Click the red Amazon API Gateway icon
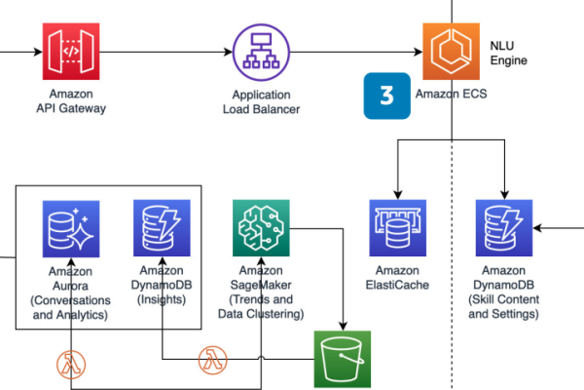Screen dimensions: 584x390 [x=71, y=52]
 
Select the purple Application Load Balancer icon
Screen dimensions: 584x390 [x=261, y=53]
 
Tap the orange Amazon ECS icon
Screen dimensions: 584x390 [x=451, y=52]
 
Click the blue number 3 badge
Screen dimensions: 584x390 [x=387, y=96]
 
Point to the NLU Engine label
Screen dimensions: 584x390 [x=508, y=53]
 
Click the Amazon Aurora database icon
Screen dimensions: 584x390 [x=71, y=229]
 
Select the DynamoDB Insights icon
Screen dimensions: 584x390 [x=162, y=228]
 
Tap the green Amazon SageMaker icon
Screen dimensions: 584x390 [x=261, y=228]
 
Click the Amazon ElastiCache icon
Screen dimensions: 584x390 [x=398, y=228]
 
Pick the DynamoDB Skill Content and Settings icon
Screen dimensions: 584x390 [x=504, y=228]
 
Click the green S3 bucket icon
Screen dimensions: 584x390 [x=343, y=359]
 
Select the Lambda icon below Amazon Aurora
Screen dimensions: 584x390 [x=71, y=365]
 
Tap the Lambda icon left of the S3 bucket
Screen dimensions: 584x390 [x=212, y=360]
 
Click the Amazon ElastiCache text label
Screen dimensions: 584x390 [x=397, y=278]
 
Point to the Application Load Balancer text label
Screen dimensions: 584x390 [x=261, y=101]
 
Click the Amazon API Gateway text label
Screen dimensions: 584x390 [x=71, y=100]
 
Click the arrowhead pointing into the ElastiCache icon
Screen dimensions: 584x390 [x=398, y=195]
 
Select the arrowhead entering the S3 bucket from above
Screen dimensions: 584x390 [x=343, y=326]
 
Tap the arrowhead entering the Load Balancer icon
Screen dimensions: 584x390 [x=228, y=52]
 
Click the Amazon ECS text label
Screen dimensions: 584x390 [x=451, y=94]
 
